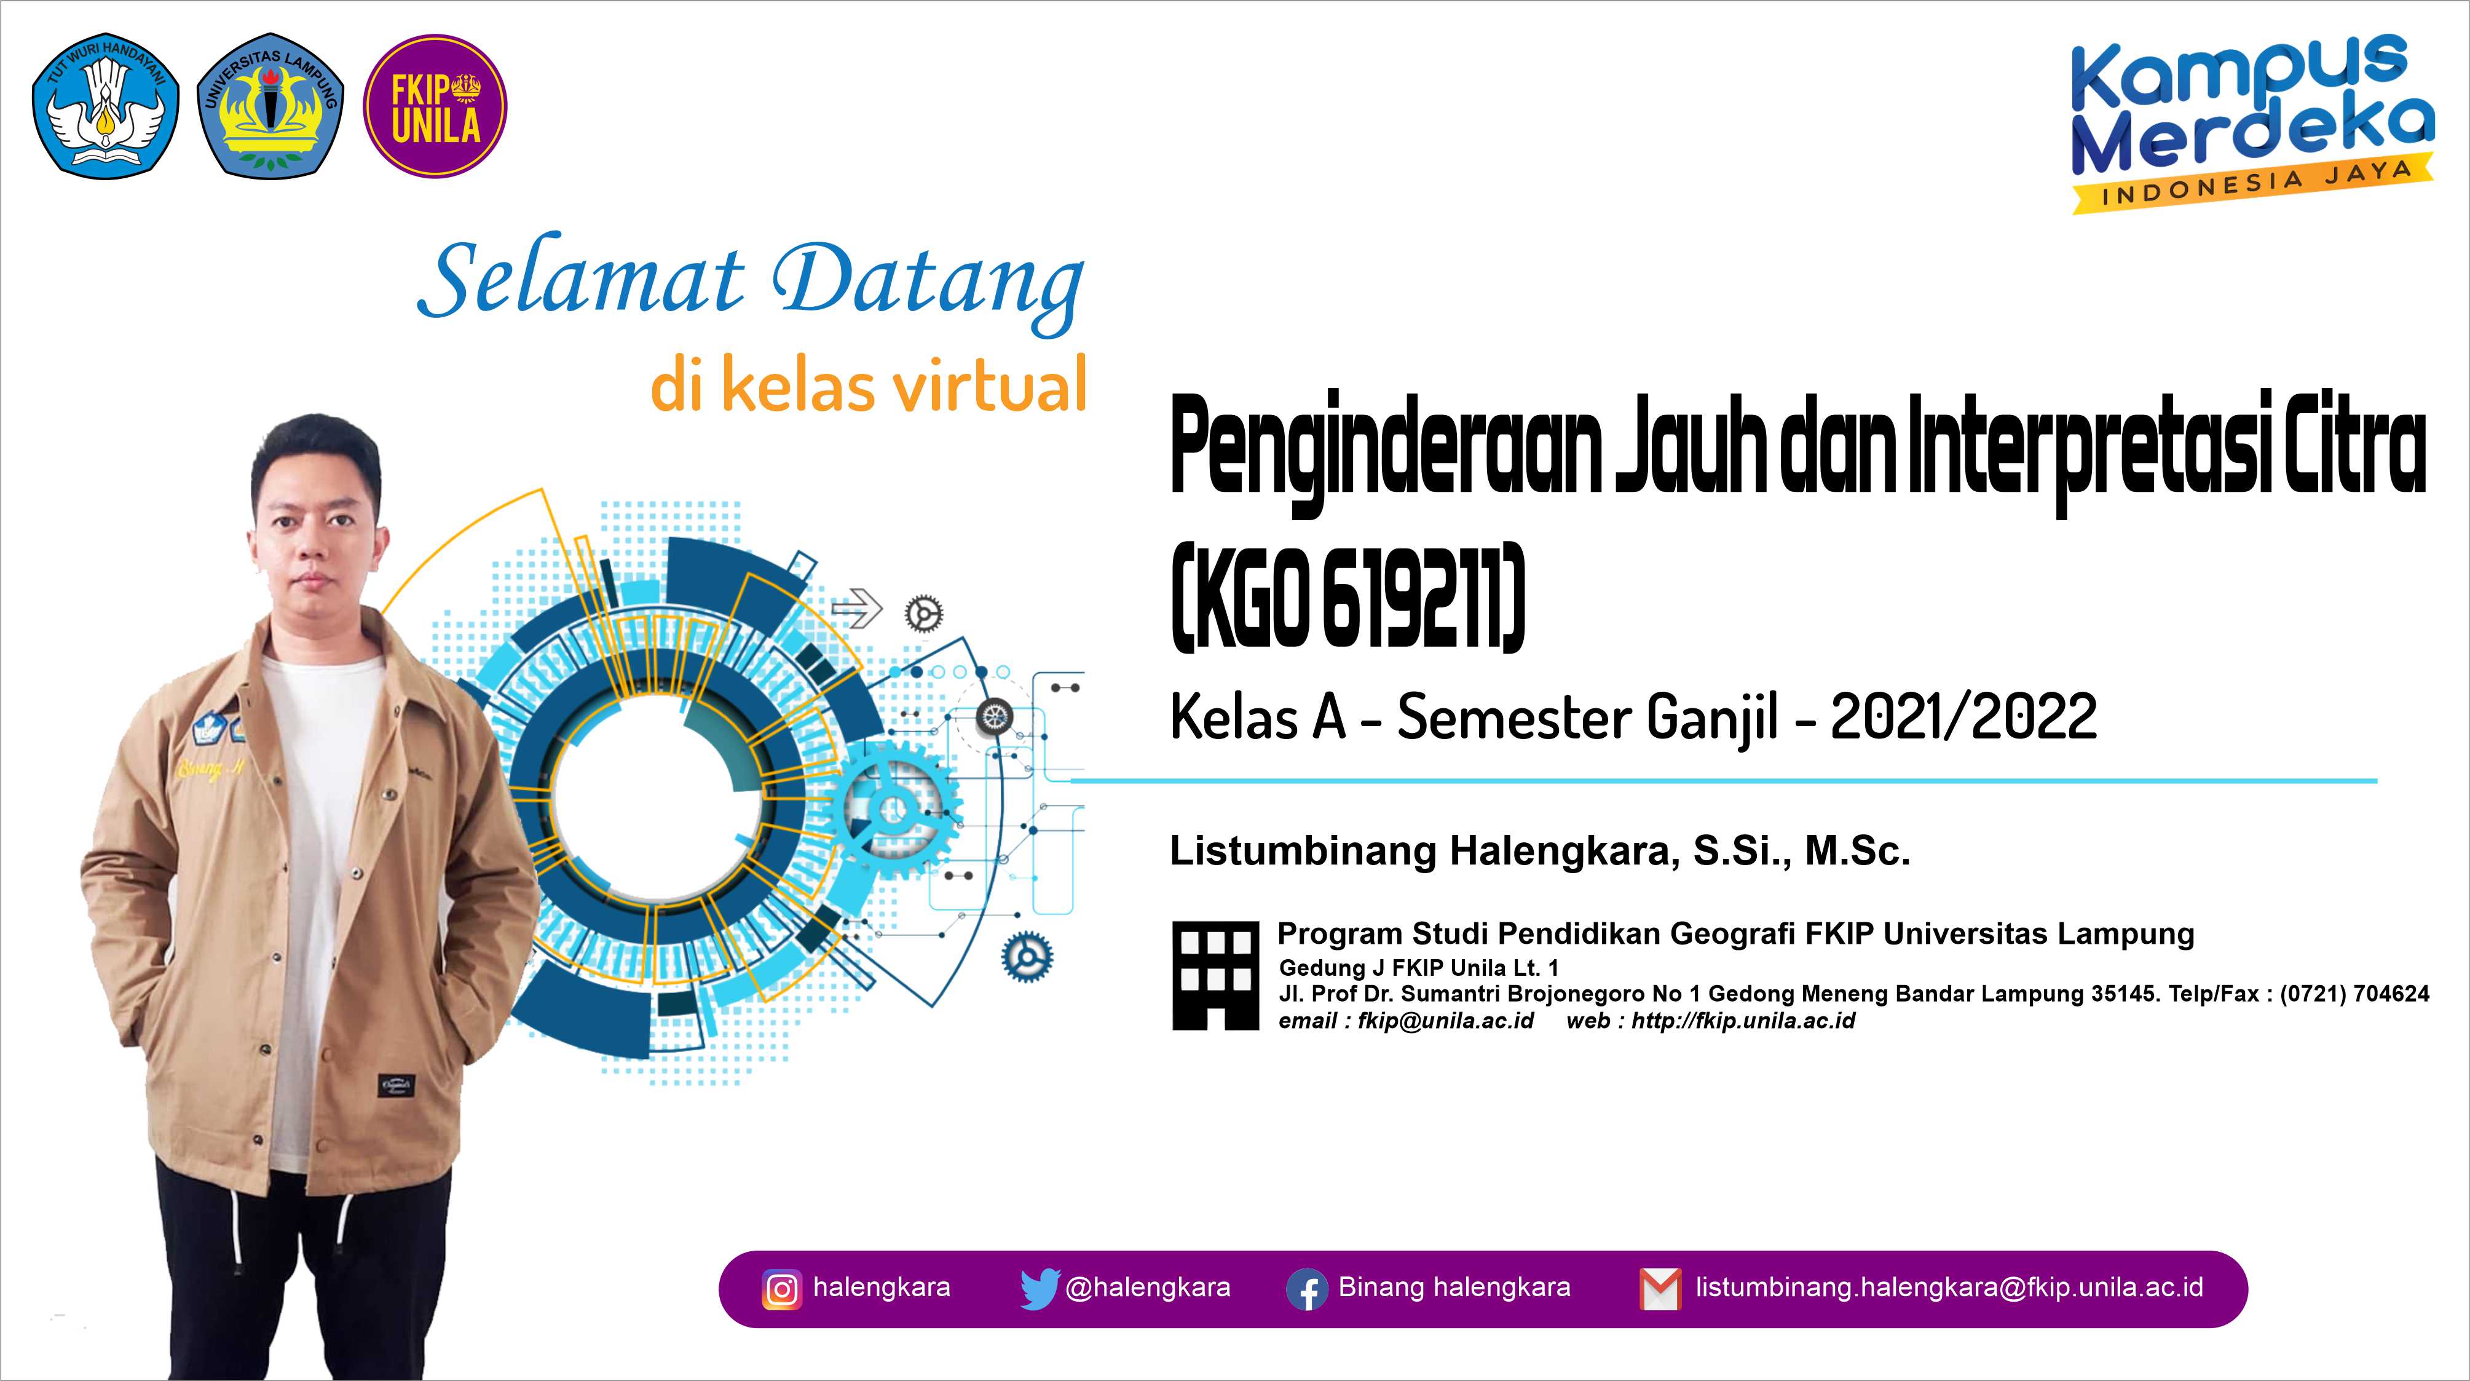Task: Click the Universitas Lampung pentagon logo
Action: pos(270,108)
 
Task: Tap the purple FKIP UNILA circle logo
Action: pos(435,106)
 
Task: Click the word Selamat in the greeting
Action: pos(581,280)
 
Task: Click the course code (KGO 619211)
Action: pos(1347,598)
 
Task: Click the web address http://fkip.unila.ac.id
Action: pos(1743,1021)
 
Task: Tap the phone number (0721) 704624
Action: pos(2355,994)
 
